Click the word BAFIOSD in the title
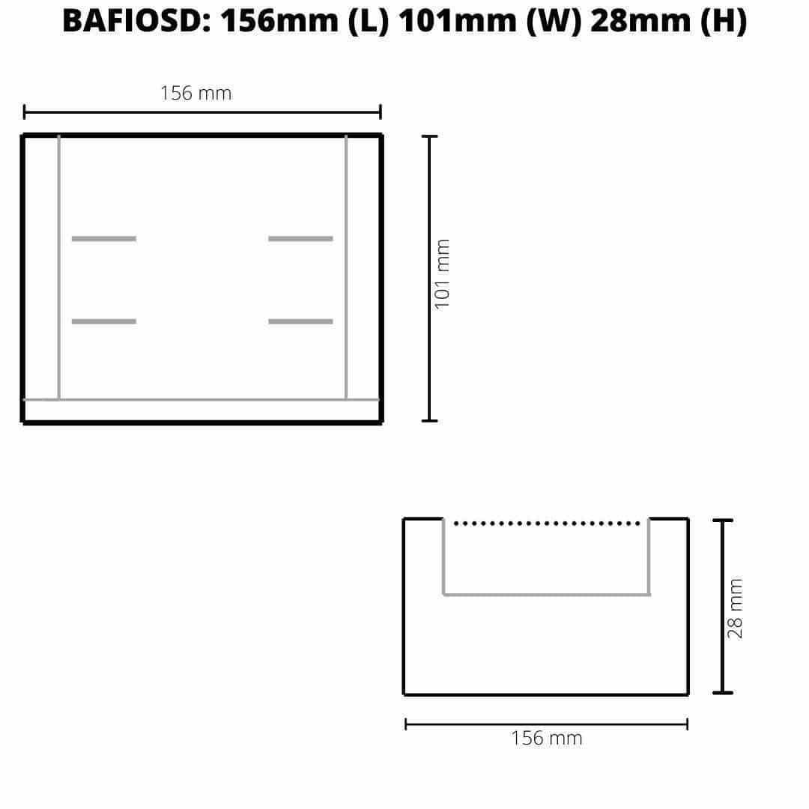coord(136,21)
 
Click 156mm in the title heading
coord(279,21)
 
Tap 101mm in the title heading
coord(458,21)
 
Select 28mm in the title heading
coord(640,21)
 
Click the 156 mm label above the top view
coord(196,94)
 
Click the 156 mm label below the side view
coord(546,739)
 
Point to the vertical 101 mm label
coord(442,274)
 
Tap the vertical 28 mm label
coord(735,608)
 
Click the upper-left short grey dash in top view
coord(103,239)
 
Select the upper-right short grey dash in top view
coord(301,239)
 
